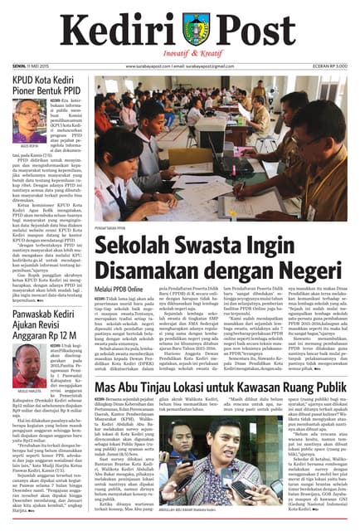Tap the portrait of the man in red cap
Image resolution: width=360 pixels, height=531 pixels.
[x=27, y=368]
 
